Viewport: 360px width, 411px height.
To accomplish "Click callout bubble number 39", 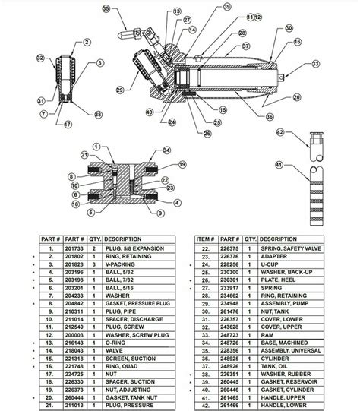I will click(x=205, y=7).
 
